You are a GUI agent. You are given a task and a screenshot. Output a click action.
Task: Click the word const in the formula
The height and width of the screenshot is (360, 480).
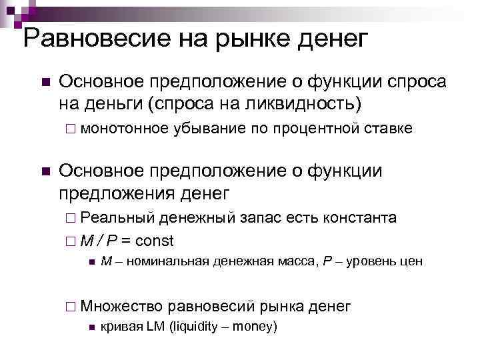pyautogui.click(x=154, y=240)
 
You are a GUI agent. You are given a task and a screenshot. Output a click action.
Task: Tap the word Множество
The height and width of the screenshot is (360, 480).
pyautogui.click(x=123, y=306)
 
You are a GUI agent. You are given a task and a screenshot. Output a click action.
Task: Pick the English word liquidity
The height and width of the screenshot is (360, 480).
pyautogui.click(x=196, y=327)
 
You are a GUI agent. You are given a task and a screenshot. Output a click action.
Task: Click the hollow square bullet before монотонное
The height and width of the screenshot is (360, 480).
pyautogui.click(x=71, y=129)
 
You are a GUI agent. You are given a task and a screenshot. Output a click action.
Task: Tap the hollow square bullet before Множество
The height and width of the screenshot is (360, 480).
pyautogui.click(x=71, y=307)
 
